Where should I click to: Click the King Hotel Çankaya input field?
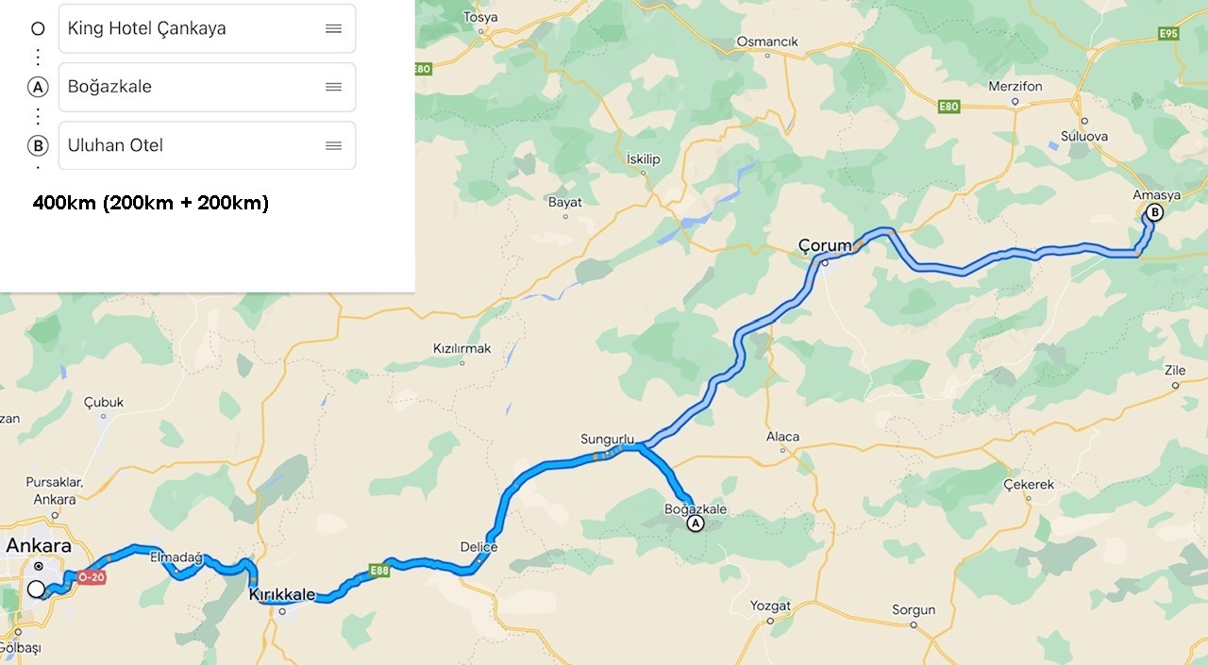[x=189, y=28]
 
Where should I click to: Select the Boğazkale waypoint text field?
[x=189, y=87]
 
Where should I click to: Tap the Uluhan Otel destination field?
[x=189, y=145]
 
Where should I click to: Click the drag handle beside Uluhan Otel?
[x=333, y=145]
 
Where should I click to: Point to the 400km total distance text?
[x=151, y=203]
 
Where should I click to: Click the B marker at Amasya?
[x=1152, y=213]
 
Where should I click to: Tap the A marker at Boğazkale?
[x=696, y=524]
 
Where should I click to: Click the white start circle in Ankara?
[x=36, y=590]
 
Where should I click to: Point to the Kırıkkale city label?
[x=282, y=594]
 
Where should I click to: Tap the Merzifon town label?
[x=1015, y=86]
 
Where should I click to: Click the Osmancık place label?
[x=767, y=42]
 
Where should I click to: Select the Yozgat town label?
[x=770, y=606]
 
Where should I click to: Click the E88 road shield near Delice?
[x=379, y=570]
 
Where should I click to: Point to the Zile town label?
[x=1175, y=371]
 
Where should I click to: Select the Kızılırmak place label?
[x=461, y=349]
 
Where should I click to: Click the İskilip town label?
[x=644, y=159]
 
